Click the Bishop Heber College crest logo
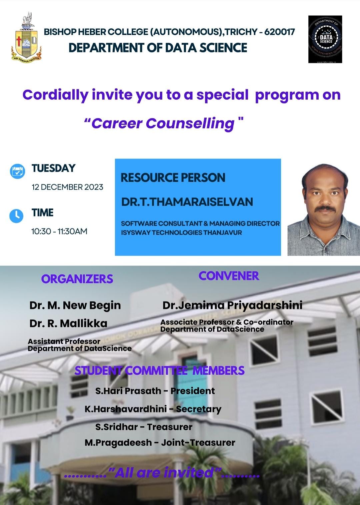click(x=26, y=38)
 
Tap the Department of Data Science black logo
click(x=325, y=39)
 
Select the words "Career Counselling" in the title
click(x=163, y=124)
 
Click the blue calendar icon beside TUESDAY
click(x=17, y=171)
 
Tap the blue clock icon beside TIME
click(x=16, y=216)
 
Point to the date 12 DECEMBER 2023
click(x=67, y=187)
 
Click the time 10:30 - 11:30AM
click(x=59, y=231)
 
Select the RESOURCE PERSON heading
click(x=173, y=178)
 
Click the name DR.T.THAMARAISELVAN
click(x=187, y=202)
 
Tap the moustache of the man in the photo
click(x=325, y=208)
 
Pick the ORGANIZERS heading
click(x=77, y=279)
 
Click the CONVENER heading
click(x=229, y=276)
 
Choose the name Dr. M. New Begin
click(x=75, y=305)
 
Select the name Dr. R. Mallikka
click(x=68, y=323)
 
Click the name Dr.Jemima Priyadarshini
click(x=232, y=305)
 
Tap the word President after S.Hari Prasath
click(x=193, y=391)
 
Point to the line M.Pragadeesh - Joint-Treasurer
click(x=160, y=443)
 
